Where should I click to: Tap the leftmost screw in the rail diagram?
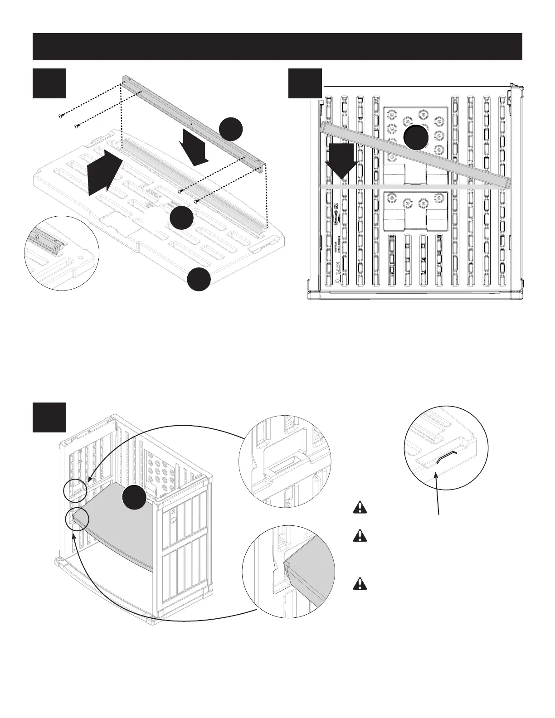[60, 116]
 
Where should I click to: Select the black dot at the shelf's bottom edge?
[200, 279]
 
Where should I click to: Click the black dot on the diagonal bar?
[416, 137]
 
